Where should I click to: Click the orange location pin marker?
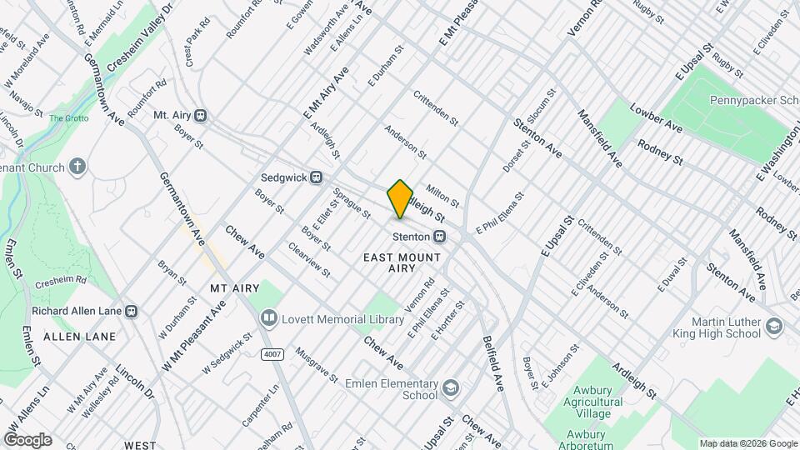pos(400,198)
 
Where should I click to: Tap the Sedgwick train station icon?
pos(316,177)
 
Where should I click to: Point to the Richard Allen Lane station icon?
pos(131,311)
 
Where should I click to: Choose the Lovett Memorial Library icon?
pos(268,318)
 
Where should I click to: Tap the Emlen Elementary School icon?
pos(451,387)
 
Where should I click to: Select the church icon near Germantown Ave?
pos(77,167)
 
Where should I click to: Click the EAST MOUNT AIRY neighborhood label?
pos(402,264)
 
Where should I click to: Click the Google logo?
pos(27,439)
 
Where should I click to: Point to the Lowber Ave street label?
pos(657,118)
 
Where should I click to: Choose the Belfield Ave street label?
pos(493,364)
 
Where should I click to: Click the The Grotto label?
pos(67,118)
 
